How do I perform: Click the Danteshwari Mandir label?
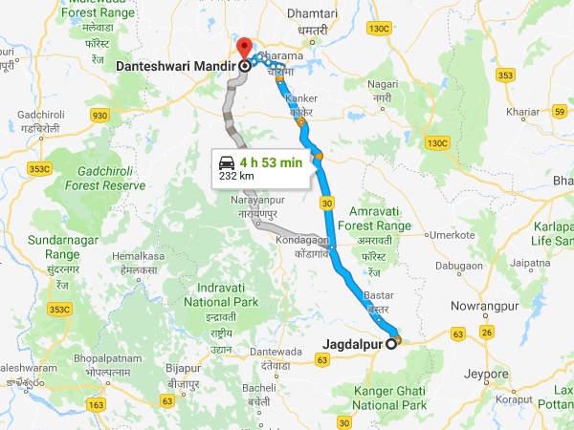(176, 67)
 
